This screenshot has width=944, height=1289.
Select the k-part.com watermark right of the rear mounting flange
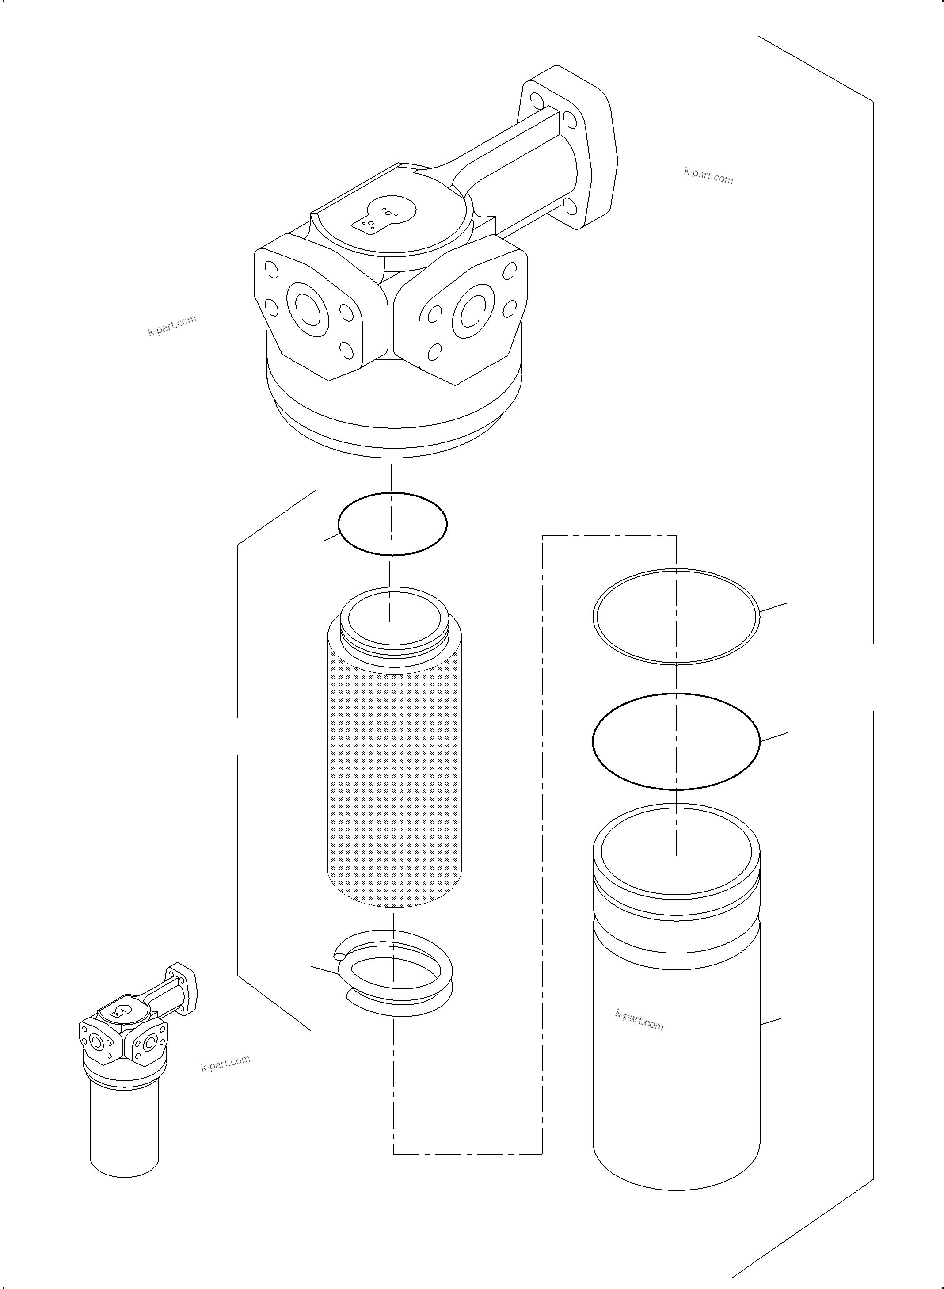pyautogui.click(x=708, y=175)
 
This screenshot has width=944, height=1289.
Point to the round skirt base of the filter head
pyautogui.click(x=394, y=423)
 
